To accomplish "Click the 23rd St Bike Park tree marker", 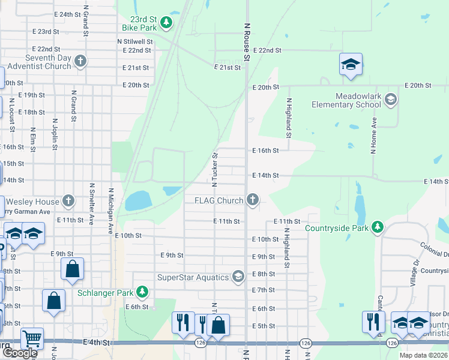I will coord(166,23).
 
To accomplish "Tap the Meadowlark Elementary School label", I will coord(346,100).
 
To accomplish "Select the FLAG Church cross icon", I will coord(253,200).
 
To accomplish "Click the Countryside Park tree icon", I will coord(377,227).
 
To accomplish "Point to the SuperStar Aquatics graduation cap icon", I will coord(238,277).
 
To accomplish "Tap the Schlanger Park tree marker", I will coord(142,292).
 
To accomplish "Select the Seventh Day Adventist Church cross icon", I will coord(80,61).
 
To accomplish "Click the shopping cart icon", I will coord(31,339).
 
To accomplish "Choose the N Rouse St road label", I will coord(246,42).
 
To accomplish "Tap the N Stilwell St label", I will coord(134,42).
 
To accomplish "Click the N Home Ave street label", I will coord(373,135).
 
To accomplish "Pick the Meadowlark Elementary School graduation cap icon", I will coord(391,100).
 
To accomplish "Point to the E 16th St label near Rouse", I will coord(265,151).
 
